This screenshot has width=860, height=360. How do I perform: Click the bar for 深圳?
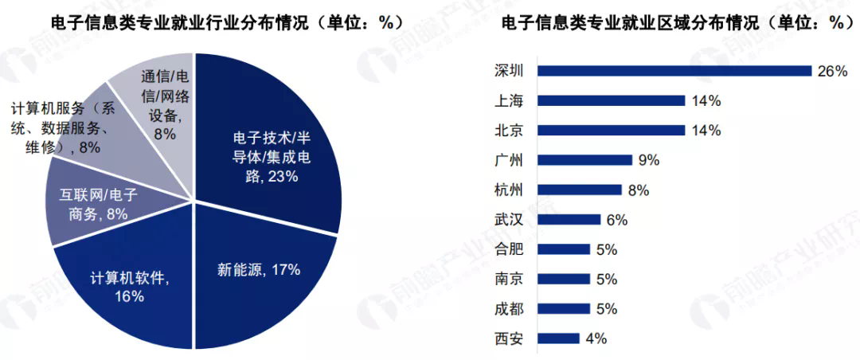coord(674,71)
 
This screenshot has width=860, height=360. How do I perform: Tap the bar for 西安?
coord(558,338)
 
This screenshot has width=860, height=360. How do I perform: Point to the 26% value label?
coord(831,71)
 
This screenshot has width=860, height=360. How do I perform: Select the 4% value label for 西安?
coord(596,338)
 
